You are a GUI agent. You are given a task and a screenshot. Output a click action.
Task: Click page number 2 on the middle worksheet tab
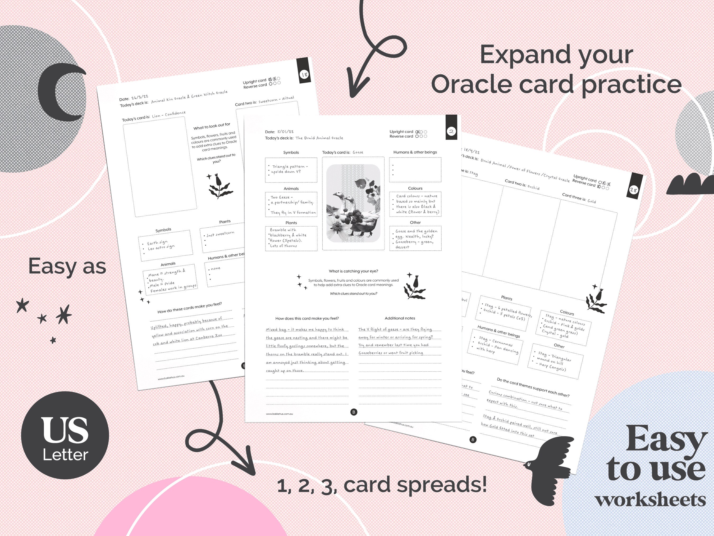451,131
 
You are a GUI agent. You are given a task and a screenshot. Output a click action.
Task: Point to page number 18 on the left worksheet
304,75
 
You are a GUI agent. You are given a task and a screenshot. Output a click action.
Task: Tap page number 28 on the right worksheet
633,190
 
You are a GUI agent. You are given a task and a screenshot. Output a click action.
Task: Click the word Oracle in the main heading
471,85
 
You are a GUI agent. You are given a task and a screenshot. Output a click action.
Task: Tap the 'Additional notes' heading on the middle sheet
400,318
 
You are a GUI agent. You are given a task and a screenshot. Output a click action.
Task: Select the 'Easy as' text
67,267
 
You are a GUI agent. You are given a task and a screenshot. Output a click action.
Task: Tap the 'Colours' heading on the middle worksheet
415,188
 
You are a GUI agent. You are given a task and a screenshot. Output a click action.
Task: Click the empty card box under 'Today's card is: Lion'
160,166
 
